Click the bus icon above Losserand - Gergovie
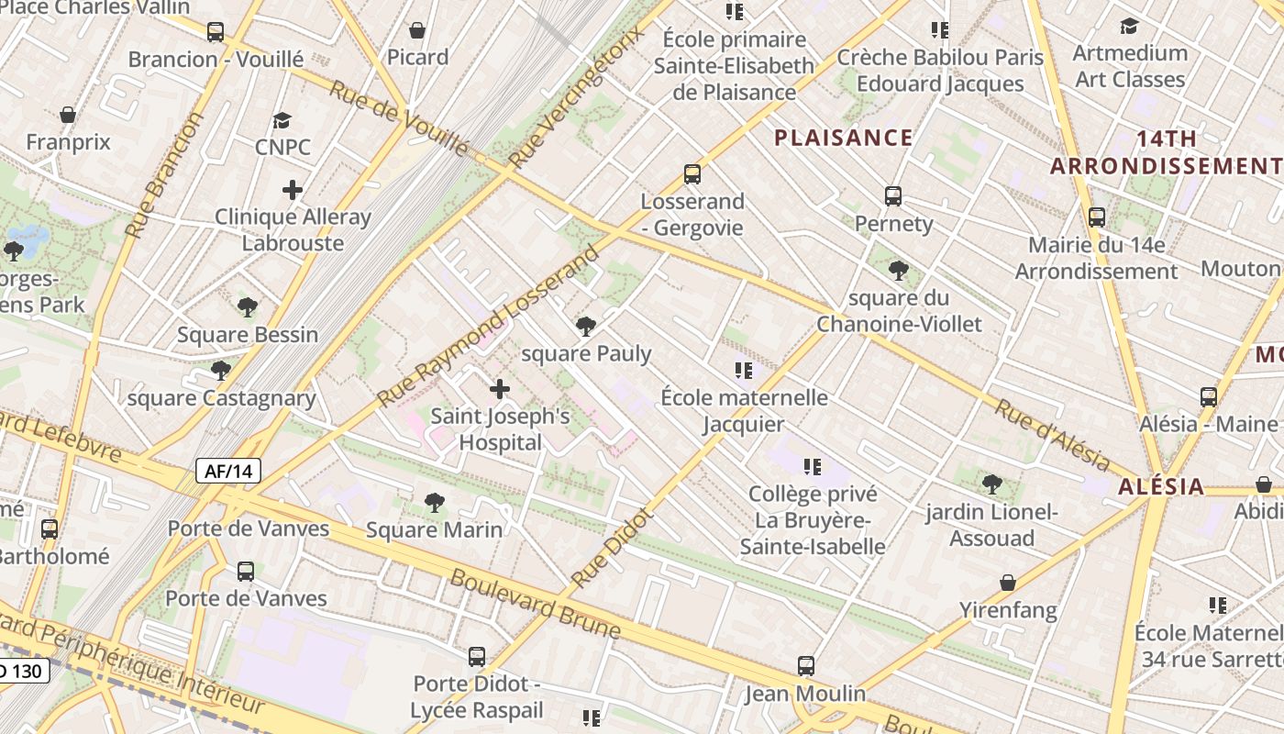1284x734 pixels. [x=692, y=174]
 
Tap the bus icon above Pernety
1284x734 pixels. [x=893, y=196]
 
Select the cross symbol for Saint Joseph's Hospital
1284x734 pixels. [x=500, y=389]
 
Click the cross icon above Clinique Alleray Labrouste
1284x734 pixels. [x=293, y=190]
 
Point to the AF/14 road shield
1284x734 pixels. [x=228, y=472]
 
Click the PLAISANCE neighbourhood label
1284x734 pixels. [x=843, y=139]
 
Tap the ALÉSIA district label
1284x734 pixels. [x=1160, y=486]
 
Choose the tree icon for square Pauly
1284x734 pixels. [x=585, y=327]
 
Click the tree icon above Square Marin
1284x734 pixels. [x=435, y=503]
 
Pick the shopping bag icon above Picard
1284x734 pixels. [x=417, y=30]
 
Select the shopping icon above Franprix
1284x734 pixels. [x=68, y=116]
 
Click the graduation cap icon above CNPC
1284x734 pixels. [x=282, y=120]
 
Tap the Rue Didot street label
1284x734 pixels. [x=612, y=548]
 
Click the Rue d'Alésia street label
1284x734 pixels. [x=1052, y=436]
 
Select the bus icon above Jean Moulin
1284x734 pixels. [x=806, y=666]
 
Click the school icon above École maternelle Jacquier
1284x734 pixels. [x=744, y=371]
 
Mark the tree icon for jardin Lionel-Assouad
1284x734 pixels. [x=991, y=484]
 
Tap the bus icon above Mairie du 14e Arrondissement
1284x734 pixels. [x=1097, y=217]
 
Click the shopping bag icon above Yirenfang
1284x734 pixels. [x=1008, y=583]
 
